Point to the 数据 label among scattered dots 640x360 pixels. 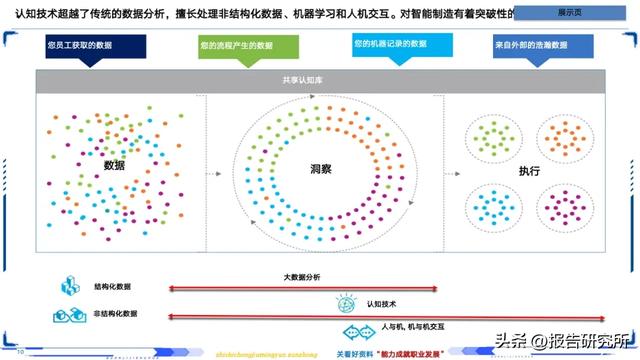pyautogui.click(x=114, y=165)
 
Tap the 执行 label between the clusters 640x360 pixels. pyautogui.click(x=529, y=171)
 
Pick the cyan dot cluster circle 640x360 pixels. pyautogui.click(x=491, y=207)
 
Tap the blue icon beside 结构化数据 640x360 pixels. pyautogui.click(x=71, y=286)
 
